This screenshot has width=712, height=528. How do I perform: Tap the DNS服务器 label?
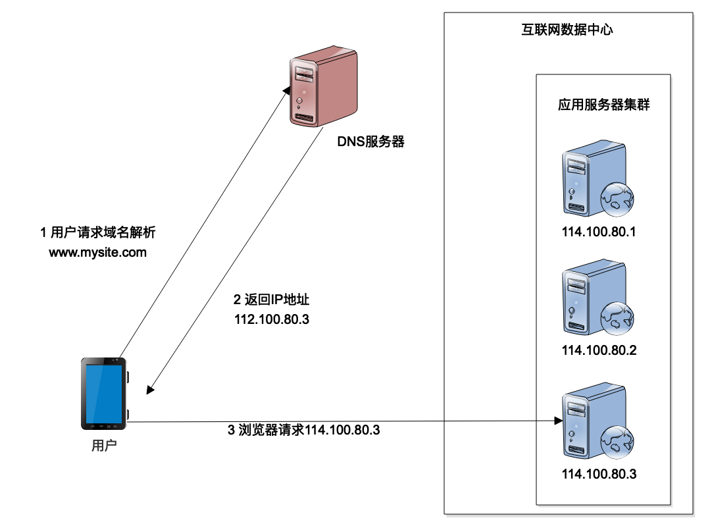370,141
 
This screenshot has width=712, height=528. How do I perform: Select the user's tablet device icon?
104,393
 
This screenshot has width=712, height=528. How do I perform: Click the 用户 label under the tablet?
103,445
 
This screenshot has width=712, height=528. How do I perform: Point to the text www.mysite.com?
97,252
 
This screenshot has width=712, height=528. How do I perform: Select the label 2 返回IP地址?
272,300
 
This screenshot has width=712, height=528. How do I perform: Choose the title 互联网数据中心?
563,30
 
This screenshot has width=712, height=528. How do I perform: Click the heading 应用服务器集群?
603,104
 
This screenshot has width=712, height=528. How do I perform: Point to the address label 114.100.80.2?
599,350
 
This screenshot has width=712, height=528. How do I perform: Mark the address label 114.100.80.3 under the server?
599,473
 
